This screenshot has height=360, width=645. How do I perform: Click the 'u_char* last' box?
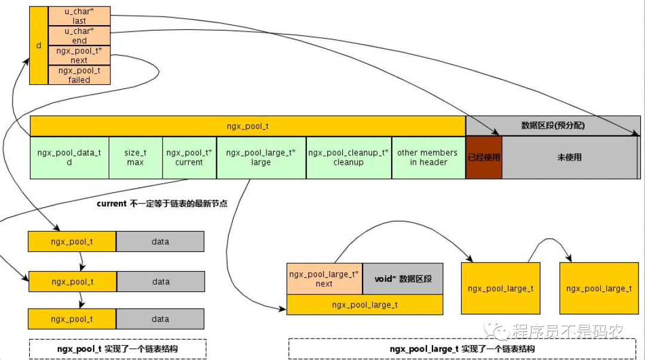[x=79, y=16]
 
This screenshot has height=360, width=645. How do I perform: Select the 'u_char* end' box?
[x=79, y=36]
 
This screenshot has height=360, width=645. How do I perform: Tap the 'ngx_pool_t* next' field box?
[x=79, y=56]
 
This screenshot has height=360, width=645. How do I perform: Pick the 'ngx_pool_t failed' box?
[x=79, y=75]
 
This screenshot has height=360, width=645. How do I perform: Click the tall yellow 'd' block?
[x=38, y=45]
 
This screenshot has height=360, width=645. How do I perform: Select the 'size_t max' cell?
[x=136, y=158]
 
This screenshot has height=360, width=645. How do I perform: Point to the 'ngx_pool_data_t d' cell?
[x=69, y=158]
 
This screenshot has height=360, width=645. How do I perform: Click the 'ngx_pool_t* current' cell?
[x=189, y=158]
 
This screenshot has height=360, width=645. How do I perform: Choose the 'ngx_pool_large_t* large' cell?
[x=261, y=158]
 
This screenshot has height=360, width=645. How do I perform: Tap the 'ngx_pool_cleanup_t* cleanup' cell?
[x=349, y=158]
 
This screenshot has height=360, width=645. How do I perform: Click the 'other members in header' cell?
[x=428, y=158]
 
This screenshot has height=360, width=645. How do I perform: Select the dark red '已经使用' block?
[x=484, y=158]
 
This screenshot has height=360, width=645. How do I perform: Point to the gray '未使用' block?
[x=569, y=158]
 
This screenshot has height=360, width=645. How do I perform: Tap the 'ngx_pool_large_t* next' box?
[x=324, y=279]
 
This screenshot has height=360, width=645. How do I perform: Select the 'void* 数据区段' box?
[x=403, y=279]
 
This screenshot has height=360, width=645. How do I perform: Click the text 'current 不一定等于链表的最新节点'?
[x=162, y=204]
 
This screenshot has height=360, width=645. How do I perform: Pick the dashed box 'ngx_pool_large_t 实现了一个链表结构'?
[x=462, y=349]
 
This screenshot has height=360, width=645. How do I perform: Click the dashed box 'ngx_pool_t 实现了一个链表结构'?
[x=117, y=348]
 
